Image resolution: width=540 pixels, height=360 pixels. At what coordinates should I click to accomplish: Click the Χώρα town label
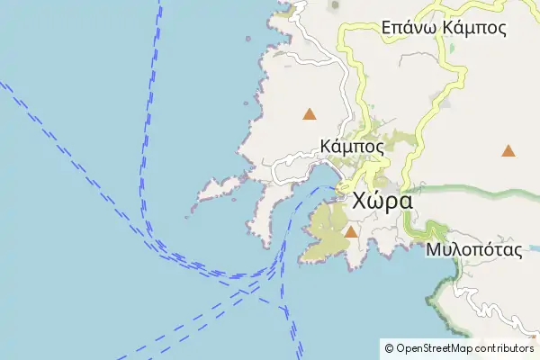click(x=383, y=200)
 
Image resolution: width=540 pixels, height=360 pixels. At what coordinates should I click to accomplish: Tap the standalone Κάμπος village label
click(x=352, y=145)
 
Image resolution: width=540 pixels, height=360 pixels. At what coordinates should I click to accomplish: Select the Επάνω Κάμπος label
click(x=444, y=27)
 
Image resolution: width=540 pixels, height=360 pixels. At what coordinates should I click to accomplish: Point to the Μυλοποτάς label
click(x=475, y=249)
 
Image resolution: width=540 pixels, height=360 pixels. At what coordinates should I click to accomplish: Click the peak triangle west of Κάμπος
click(x=310, y=114)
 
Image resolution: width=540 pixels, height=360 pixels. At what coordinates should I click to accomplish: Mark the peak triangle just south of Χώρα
click(x=351, y=232)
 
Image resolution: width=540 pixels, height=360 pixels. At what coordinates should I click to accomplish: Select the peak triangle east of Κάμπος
click(x=508, y=150)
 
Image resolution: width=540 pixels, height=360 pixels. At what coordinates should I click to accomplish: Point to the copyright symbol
click(x=389, y=347)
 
